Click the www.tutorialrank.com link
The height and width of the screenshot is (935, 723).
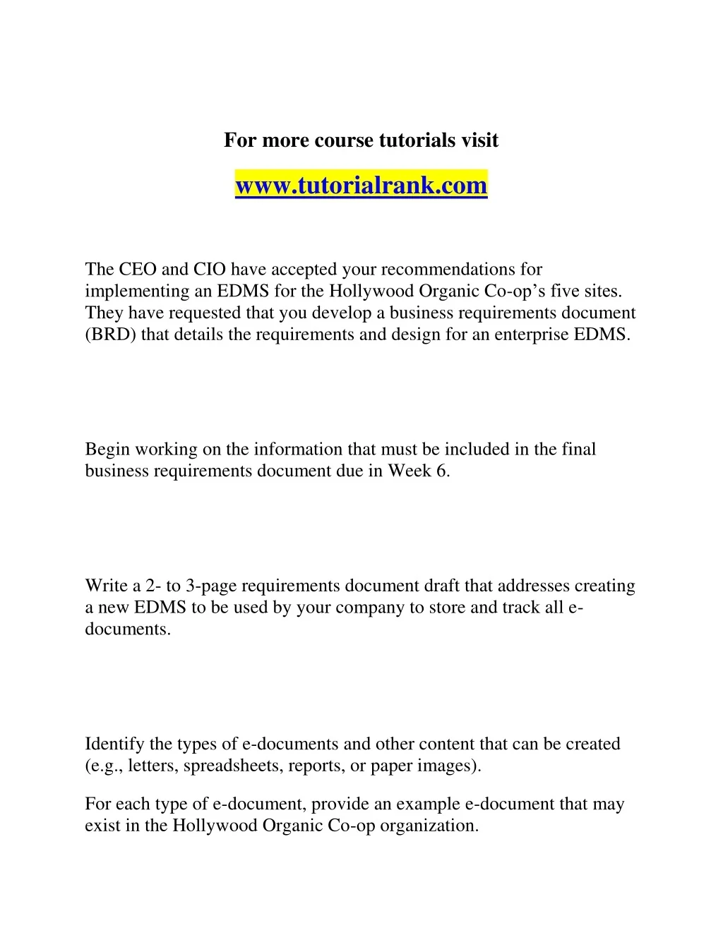[361, 186]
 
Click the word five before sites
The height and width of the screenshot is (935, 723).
[565, 291]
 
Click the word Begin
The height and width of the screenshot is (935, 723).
[107, 450]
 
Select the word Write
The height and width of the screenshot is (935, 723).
[104, 586]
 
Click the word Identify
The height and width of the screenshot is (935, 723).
[114, 744]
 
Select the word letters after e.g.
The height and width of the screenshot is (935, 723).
[153, 766]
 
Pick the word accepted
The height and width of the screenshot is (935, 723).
[304, 270]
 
